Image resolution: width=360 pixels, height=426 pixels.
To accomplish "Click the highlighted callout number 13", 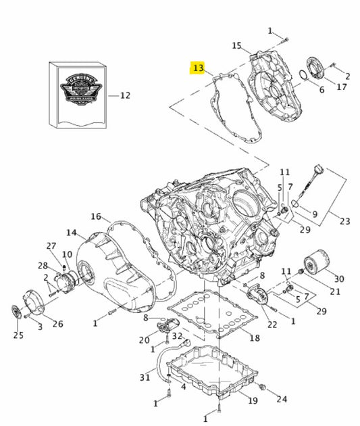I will [x=198, y=68].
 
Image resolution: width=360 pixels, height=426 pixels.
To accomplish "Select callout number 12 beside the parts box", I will [x=124, y=95].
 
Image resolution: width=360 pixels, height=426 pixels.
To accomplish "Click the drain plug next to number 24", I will [x=263, y=387].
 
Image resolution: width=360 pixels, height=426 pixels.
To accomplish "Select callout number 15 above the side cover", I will [x=236, y=45].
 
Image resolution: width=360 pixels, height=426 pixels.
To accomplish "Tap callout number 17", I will [x=342, y=87].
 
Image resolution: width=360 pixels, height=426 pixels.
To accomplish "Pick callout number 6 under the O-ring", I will [x=322, y=89].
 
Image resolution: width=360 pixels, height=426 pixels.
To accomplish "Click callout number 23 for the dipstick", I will [x=345, y=220].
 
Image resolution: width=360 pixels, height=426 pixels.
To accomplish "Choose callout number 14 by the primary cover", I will [x=71, y=233].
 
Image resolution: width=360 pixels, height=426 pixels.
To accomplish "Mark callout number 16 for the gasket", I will [x=96, y=217].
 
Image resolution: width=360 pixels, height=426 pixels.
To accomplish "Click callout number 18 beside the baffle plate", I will [x=254, y=337].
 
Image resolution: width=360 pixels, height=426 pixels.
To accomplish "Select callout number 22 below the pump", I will [x=272, y=325].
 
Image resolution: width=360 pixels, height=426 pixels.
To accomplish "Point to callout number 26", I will [x=58, y=324].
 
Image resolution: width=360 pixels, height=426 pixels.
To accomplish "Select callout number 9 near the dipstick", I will [x=313, y=214].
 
